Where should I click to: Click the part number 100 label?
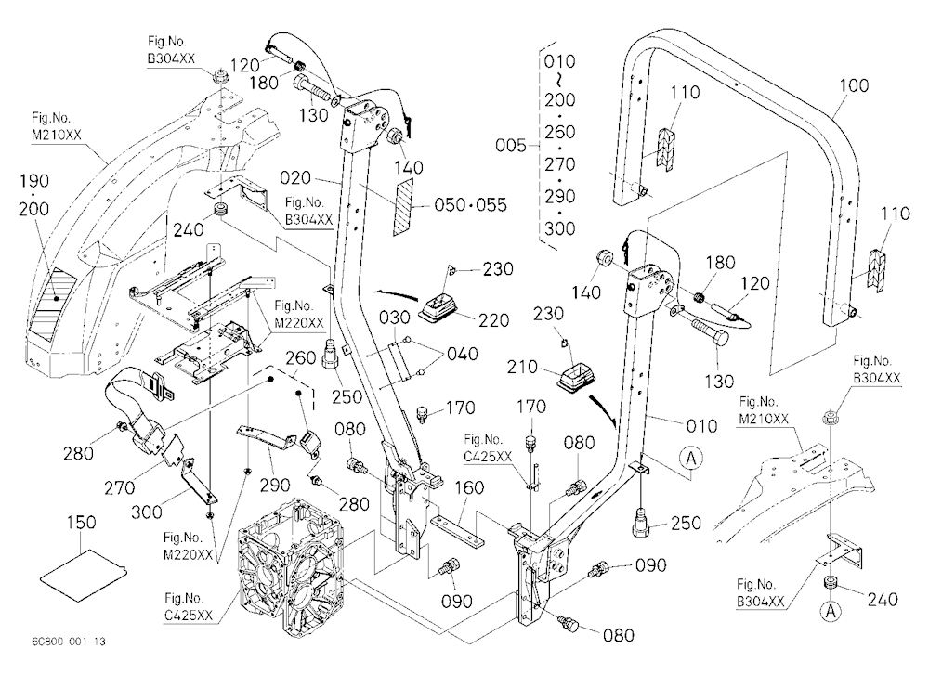tap(853, 86)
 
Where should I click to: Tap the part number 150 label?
tap(81, 523)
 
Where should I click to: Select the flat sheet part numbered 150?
tap(85, 574)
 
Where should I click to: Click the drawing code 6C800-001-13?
tap(70, 642)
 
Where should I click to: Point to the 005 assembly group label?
tap(511, 145)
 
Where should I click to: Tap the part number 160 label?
tap(469, 488)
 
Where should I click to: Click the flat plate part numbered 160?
tap(457, 530)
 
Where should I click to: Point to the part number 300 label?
tap(146, 512)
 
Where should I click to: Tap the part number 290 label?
tap(276, 485)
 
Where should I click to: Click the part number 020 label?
tap(295, 177)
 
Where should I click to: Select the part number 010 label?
tap(702, 426)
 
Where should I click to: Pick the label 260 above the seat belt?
tap(300, 358)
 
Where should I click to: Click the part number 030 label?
tap(395, 318)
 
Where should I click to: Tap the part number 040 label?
tap(463, 354)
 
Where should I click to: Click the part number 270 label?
tap(120, 488)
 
